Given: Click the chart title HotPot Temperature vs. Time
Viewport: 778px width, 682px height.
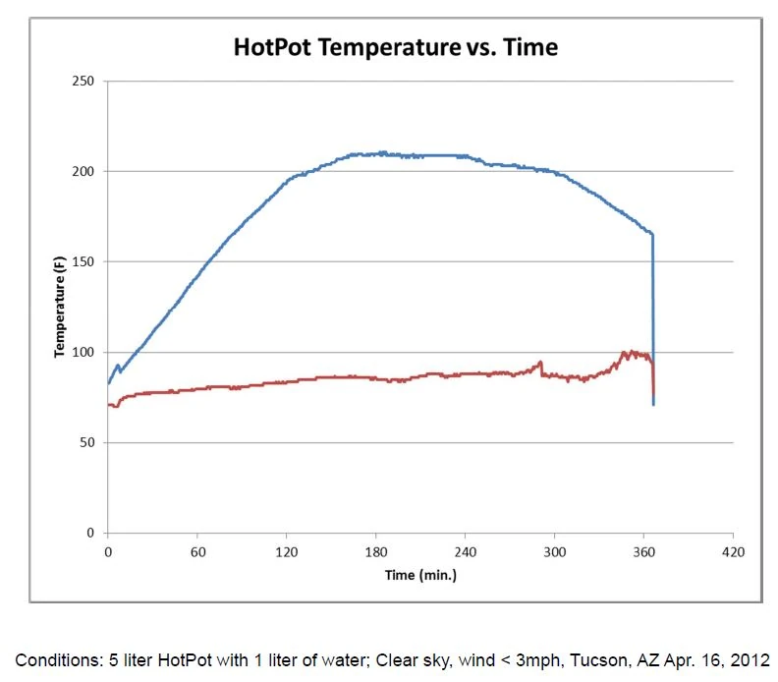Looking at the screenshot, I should (395, 46).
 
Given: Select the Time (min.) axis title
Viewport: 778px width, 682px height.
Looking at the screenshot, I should (420, 574).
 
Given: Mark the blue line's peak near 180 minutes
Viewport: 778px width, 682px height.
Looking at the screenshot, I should (382, 152).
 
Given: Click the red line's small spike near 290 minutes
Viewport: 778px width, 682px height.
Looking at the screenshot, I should (540, 363).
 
